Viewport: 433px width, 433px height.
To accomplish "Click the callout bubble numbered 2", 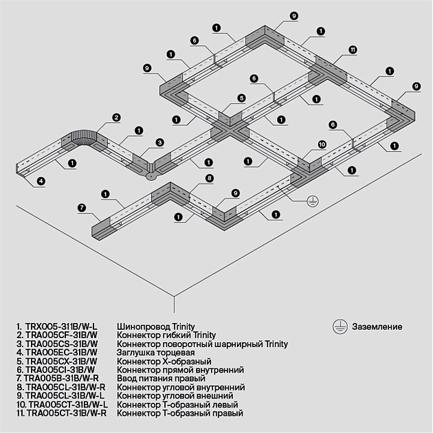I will (117, 118).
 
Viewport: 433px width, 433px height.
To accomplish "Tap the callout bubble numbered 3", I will (159, 142).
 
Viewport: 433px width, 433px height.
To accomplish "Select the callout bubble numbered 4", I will (41, 181).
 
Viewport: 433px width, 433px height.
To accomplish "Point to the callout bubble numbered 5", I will (242, 98).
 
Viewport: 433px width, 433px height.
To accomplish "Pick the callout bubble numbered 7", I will (82, 207).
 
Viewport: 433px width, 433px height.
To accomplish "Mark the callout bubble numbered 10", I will (322, 144).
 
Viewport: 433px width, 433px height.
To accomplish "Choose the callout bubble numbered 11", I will (353, 49).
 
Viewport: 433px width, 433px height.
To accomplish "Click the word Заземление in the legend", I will (377, 327).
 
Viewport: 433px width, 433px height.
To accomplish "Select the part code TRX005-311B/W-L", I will (62, 326).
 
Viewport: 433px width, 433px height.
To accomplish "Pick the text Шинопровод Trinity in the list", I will (156, 326).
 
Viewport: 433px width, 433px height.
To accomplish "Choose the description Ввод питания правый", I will (161, 379).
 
